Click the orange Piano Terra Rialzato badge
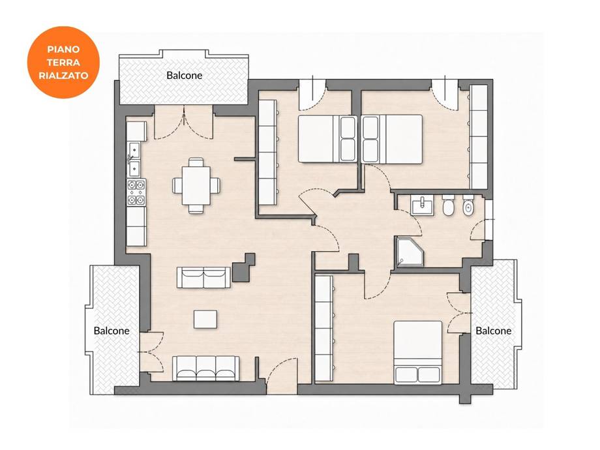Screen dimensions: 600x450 (63, 63)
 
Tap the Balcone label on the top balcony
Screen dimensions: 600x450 (184, 76)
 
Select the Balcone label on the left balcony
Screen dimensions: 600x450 (112, 331)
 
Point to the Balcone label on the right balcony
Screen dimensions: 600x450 (493, 331)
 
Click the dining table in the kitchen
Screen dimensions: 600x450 (196, 186)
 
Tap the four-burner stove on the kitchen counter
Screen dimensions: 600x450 (136, 192)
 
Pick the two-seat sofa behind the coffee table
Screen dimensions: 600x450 (203, 277)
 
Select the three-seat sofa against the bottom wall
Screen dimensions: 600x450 (206, 368)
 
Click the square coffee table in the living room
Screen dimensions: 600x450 (205, 319)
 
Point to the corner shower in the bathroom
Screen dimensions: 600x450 (410, 252)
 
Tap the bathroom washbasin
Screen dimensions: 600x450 (423, 205)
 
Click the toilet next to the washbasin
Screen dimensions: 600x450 (448, 206)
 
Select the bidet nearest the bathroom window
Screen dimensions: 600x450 (468, 206)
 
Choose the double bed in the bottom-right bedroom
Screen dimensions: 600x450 (418, 352)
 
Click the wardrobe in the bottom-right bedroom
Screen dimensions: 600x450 (324, 328)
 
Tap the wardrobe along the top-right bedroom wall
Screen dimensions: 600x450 (479, 136)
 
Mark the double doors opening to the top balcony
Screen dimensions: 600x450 (184, 125)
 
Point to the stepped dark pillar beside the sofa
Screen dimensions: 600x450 (244, 267)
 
